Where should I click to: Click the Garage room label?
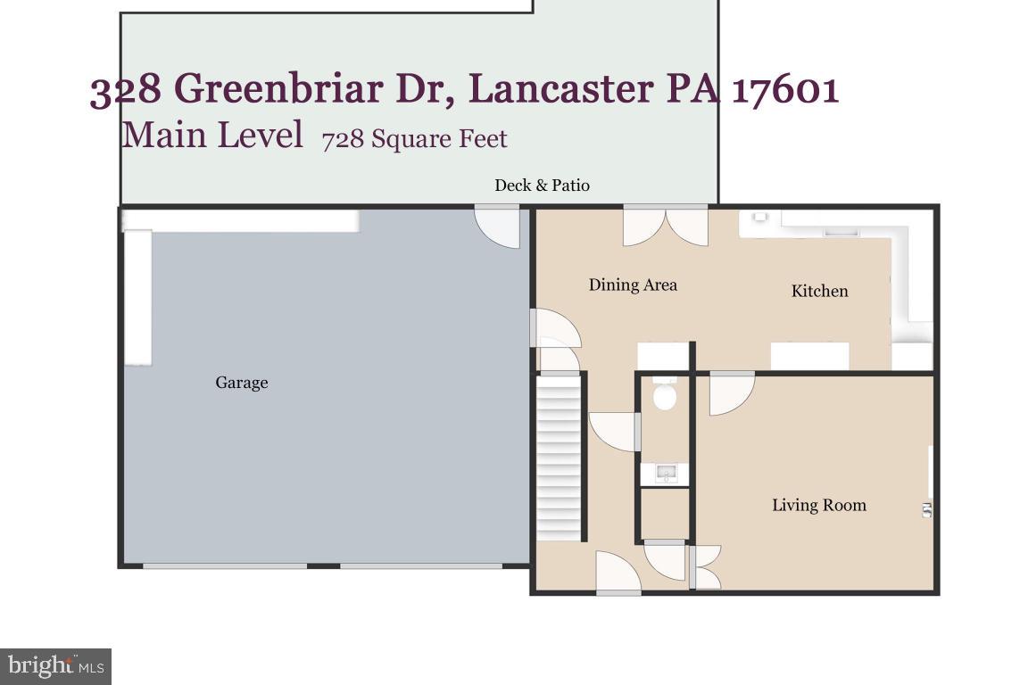click(241, 383)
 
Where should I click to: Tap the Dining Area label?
click(633, 285)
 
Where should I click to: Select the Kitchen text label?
click(819, 291)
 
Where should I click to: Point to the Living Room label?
click(818, 506)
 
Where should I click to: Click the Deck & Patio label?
click(542, 186)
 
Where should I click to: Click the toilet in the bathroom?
click(664, 393)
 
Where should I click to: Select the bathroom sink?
click(665, 473)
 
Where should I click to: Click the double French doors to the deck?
click(665, 225)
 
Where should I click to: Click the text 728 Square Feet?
click(414, 140)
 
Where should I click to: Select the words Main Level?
click(211, 136)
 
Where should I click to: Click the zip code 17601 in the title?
click(785, 90)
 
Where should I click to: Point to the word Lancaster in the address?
click(559, 89)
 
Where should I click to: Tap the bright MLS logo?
click(55, 666)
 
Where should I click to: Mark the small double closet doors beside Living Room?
click(705, 567)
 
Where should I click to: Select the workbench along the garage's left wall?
click(137, 297)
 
